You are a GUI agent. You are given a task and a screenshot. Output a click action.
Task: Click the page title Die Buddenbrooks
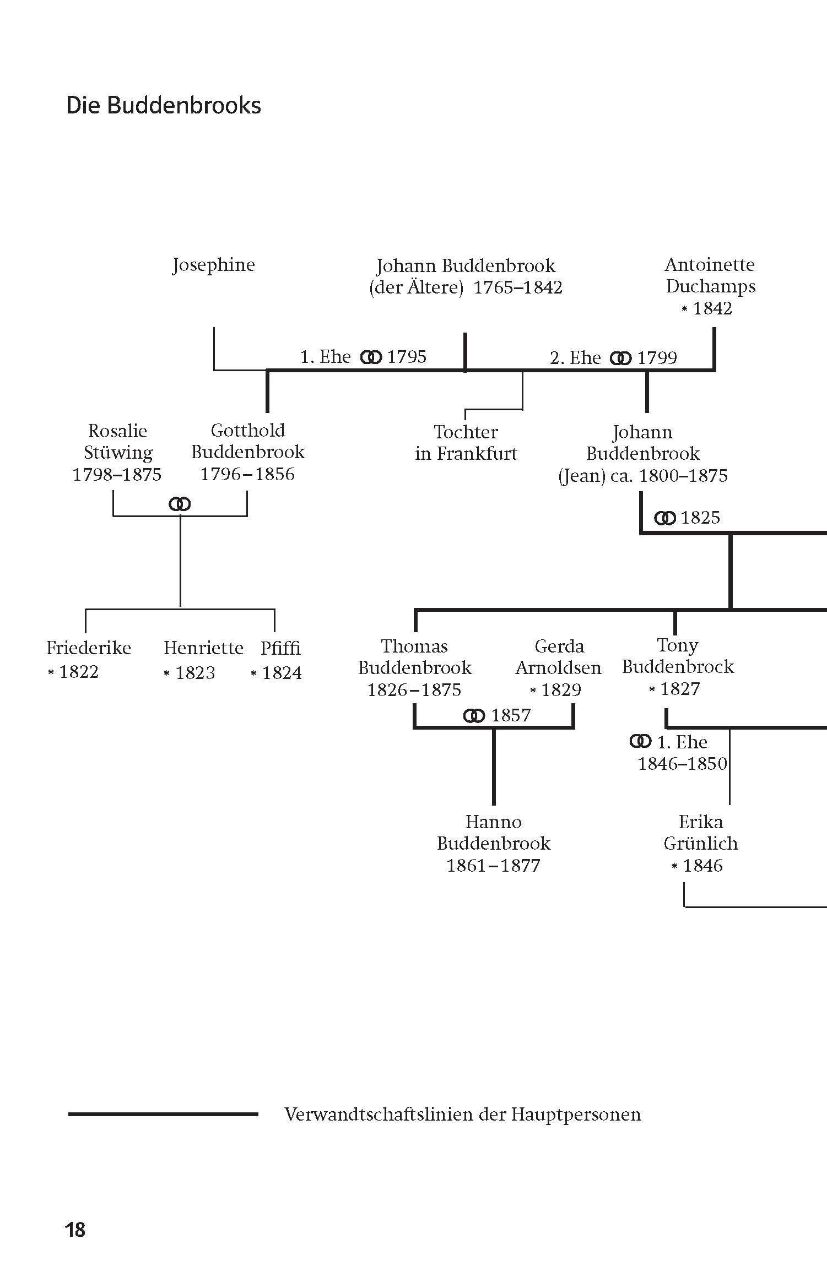point(163,105)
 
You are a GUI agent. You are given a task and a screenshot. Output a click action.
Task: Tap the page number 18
point(75,1245)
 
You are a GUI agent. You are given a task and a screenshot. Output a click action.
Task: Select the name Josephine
point(213,265)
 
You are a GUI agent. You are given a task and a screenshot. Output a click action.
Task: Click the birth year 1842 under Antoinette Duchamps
point(712,308)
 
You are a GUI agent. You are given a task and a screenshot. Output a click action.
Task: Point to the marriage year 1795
point(407,357)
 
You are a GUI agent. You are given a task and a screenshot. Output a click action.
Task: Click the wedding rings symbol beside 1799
point(620,358)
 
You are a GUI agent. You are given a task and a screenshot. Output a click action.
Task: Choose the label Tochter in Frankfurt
point(466,443)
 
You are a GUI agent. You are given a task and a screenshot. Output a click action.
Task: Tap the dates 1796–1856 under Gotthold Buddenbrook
point(247,474)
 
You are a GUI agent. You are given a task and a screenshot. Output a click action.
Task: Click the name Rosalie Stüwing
point(117,442)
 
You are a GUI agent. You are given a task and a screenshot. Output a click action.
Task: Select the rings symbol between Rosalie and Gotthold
point(180,504)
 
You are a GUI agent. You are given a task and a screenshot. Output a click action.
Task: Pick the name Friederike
point(88,648)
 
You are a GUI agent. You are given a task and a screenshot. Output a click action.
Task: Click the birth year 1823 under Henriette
point(194,673)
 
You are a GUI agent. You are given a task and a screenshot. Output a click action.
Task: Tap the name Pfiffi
point(280,648)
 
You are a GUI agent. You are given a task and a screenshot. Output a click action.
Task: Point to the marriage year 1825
point(700,518)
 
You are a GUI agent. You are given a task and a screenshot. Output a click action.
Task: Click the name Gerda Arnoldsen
point(558,657)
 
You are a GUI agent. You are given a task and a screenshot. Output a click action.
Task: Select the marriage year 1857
point(511,715)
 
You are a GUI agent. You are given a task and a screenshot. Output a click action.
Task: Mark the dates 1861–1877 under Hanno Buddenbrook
point(493,866)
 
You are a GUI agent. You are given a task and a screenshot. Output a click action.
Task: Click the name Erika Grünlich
point(700,833)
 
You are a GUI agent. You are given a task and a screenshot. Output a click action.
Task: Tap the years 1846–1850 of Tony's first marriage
point(682,764)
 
